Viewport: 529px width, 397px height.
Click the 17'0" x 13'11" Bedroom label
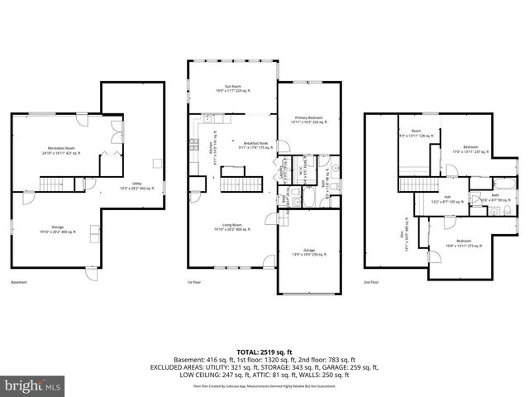coord(471,150)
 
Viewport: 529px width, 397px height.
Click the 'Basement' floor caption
coord(18,283)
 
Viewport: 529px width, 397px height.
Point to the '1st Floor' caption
coord(194,283)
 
